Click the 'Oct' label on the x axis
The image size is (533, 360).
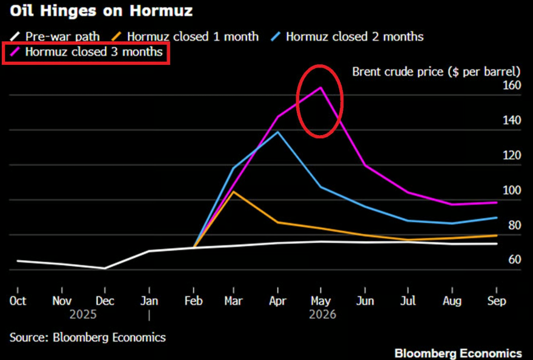[18, 301]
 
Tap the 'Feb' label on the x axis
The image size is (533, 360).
[193, 301]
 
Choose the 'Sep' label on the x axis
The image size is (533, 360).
[497, 301]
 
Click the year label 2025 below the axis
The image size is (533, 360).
[83, 315]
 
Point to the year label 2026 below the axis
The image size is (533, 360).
[322, 315]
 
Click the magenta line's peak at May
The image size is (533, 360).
[321, 88]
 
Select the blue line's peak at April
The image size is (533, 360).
[278, 132]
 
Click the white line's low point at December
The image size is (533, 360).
[105, 268]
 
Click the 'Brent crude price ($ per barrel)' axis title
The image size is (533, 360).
[436, 71]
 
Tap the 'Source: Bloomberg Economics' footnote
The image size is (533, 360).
[87, 337]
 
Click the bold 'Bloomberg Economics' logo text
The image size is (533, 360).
[458, 353]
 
